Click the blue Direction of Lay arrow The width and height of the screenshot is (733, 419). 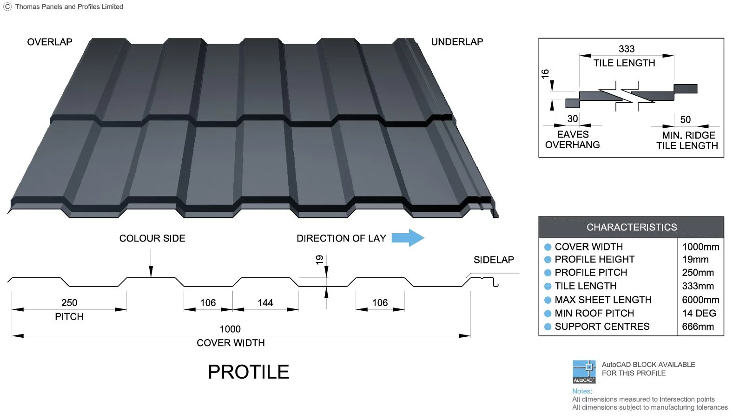click(408, 238)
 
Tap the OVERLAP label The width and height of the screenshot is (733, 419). click(50, 42)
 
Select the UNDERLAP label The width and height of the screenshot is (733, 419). click(457, 42)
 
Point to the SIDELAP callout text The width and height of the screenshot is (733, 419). click(494, 260)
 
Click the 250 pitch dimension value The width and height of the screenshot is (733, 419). click(69, 302)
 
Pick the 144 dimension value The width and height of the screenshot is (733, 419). click(265, 302)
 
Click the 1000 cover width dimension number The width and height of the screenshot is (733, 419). click(230, 329)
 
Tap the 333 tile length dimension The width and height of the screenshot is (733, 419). click(627, 49)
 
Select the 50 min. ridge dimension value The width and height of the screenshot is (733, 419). click(686, 119)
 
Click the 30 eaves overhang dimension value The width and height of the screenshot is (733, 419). click(573, 118)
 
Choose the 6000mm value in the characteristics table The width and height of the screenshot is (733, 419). click(700, 300)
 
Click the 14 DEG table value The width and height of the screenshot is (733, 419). click(699, 313)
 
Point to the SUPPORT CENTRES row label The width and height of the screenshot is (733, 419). click(602, 327)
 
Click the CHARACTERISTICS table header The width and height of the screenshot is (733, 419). click(632, 227)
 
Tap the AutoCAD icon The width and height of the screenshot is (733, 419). click(584, 372)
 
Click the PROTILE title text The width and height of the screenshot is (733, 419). click(249, 372)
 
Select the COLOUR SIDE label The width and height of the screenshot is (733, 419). click(152, 238)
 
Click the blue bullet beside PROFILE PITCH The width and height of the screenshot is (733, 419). click(548, 273)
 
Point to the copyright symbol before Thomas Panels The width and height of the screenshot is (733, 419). click(7, 7)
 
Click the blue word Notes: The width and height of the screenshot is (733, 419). click(582, 391)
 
